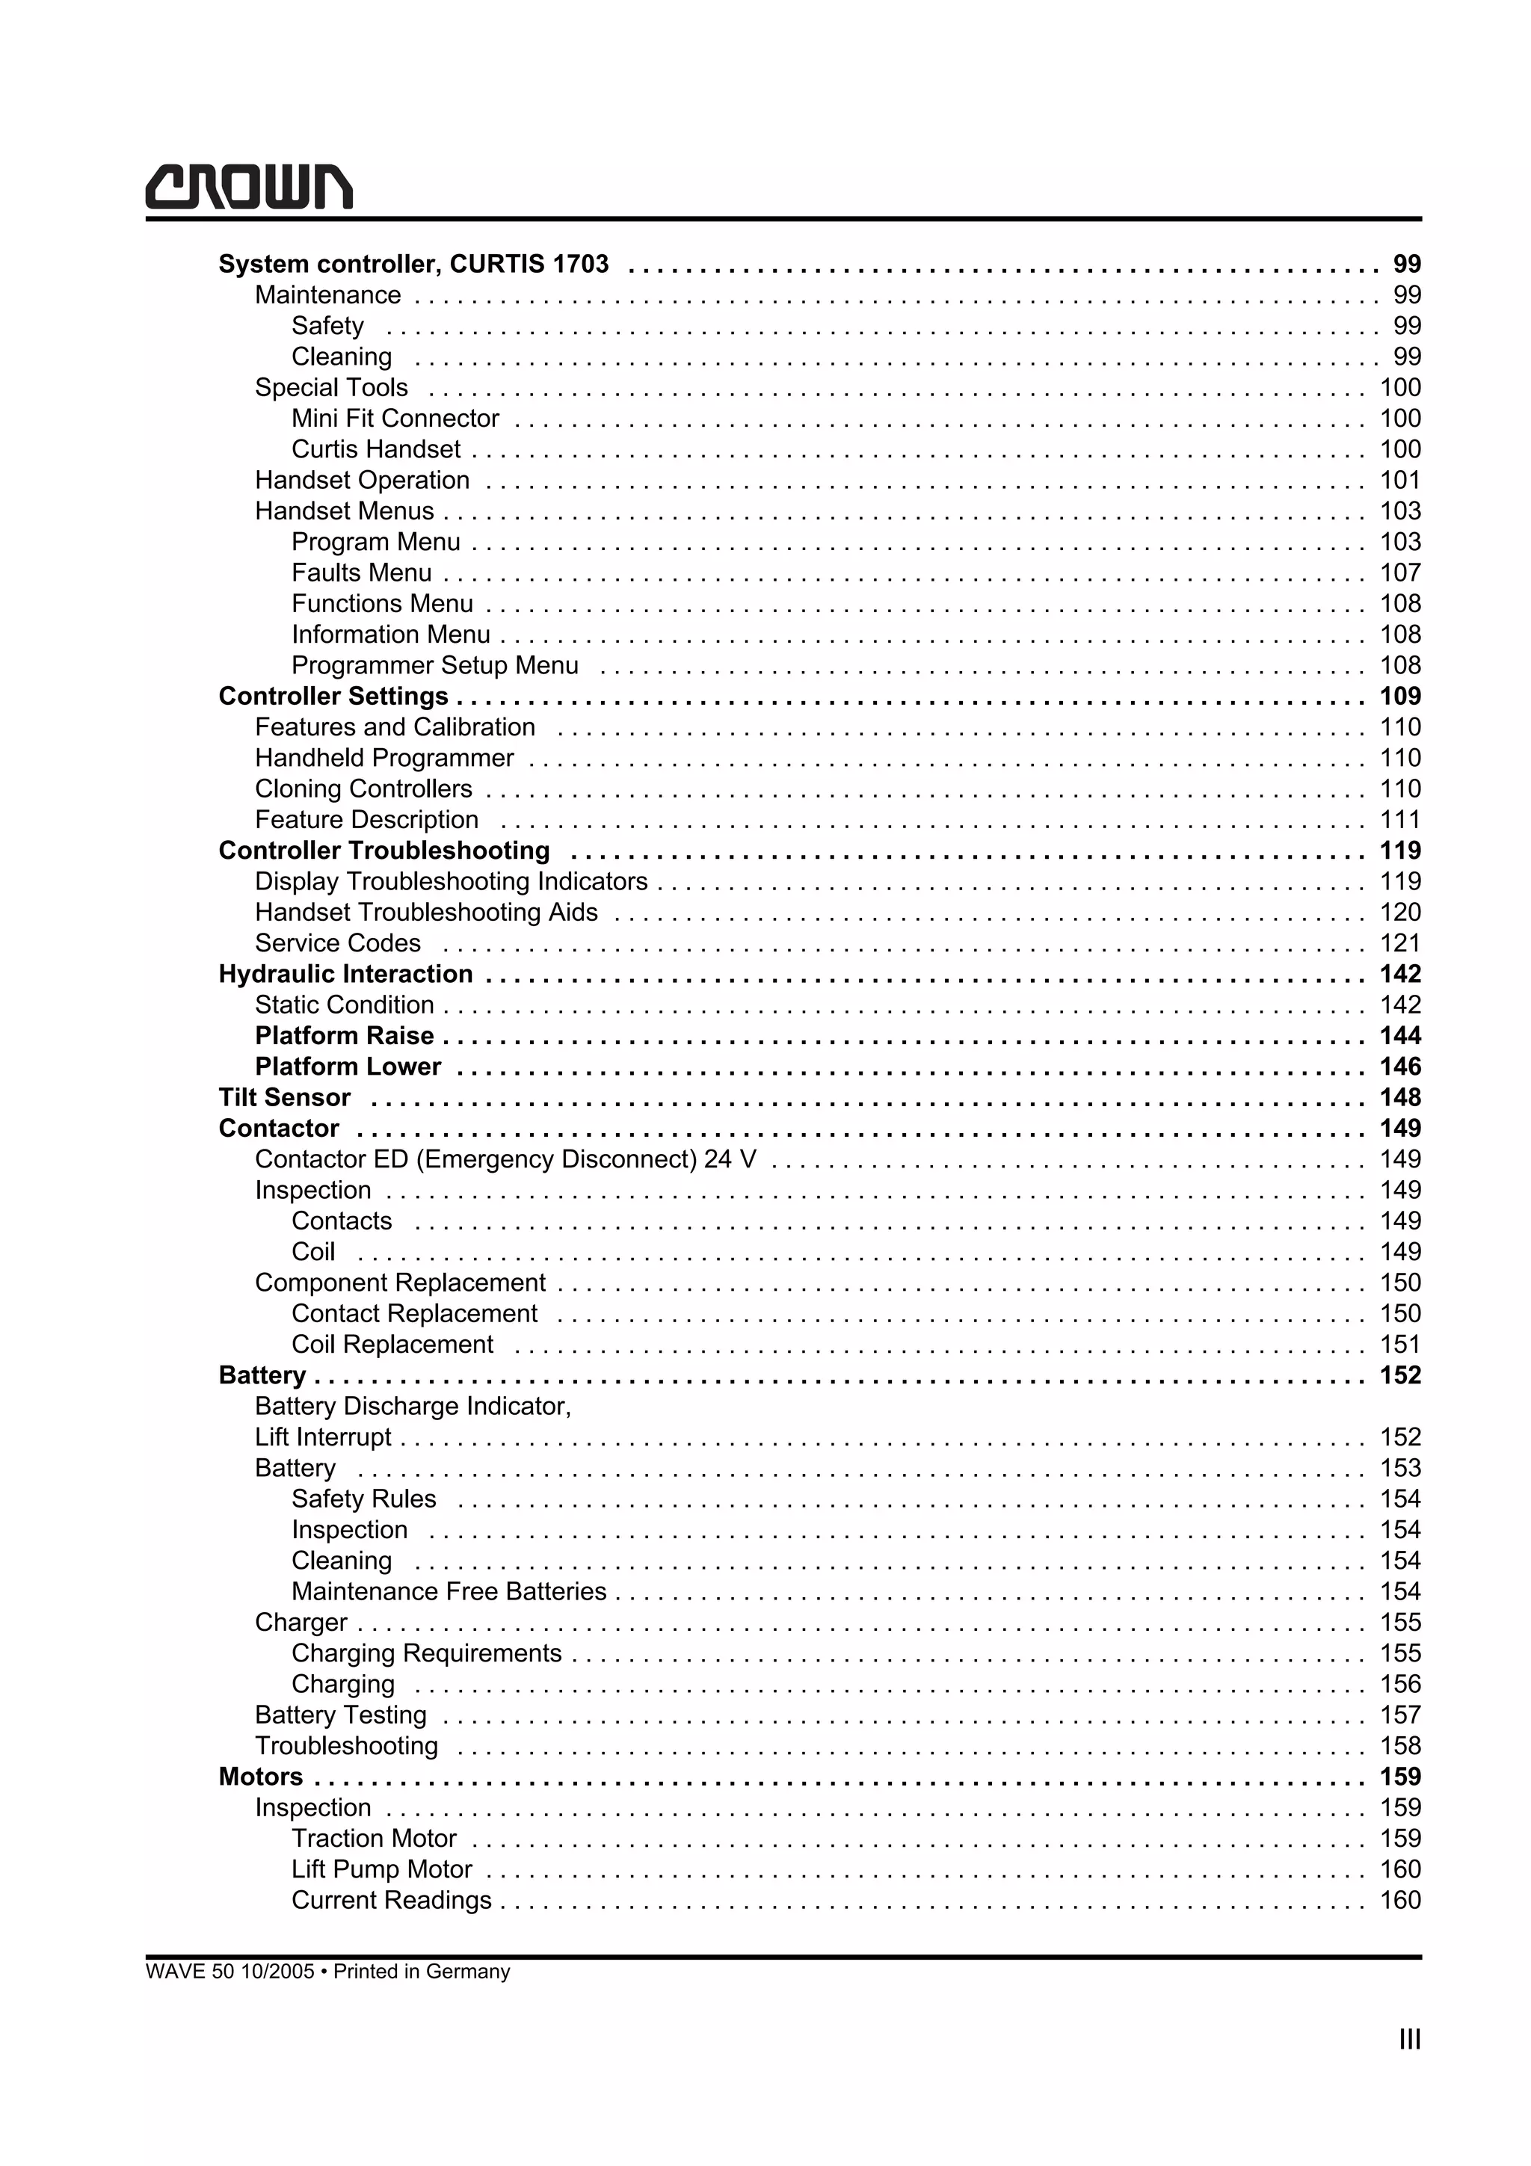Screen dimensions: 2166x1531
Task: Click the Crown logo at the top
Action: click(249, 187)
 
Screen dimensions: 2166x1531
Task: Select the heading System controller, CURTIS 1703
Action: click(413, 264)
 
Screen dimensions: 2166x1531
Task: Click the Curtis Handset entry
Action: click(375, 449)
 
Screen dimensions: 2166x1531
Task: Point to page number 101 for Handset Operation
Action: click(1400, 480)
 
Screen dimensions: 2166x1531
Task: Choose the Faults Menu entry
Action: click(361, 573)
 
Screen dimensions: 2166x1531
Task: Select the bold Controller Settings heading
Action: click(333, 697)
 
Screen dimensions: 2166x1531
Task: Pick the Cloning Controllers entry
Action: click(363, 789)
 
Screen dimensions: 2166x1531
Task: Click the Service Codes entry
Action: click(338, 943)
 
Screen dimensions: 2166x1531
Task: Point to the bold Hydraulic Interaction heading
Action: click(345, 975)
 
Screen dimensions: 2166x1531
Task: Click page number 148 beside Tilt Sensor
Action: click(1400, 1097)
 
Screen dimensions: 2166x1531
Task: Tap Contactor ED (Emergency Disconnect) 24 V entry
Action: click(505, 1159)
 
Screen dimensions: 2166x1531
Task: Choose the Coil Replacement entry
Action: click(392, 1345)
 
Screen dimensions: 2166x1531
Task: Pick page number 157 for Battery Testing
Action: click(1400, 1715)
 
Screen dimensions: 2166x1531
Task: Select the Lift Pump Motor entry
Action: click(381, 1870)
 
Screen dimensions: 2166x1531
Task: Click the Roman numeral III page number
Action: click(1409, 2040)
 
